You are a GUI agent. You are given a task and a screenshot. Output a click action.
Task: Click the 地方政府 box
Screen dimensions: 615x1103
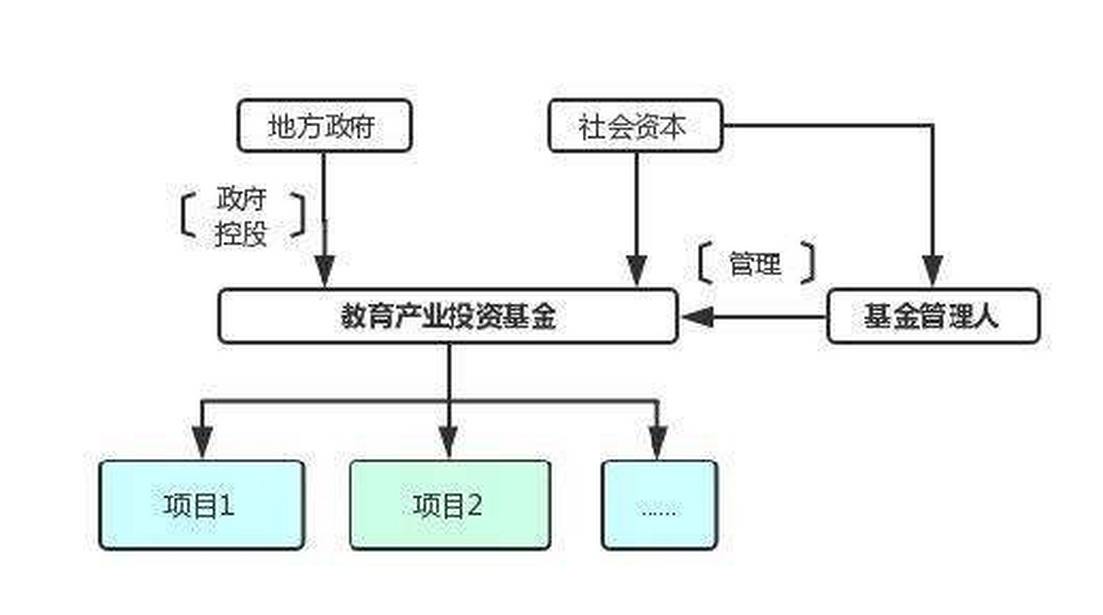click(x=324, y=126)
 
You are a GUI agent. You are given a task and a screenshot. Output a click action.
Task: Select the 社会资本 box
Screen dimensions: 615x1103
click(x=635, y=126)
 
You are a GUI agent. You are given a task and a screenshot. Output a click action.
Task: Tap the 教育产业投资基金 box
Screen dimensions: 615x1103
click(x=448, y=316)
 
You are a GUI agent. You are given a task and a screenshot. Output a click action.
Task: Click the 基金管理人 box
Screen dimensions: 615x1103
click(x=933, y=316)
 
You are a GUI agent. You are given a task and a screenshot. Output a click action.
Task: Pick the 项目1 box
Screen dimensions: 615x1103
click(x=201, y=505)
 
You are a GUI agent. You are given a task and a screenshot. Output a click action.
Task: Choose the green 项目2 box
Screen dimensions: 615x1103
click(x=450, y=505)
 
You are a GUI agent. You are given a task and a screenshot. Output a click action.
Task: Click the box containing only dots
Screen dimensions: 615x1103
click(x=659, y=505)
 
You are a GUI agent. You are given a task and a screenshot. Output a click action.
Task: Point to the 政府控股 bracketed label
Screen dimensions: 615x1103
click(x=242, y=217)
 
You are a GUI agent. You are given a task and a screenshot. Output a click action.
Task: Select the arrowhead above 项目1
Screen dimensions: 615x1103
click(x=202, y=440)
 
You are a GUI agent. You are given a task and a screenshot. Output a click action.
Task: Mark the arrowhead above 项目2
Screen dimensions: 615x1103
click(x=449, y=440)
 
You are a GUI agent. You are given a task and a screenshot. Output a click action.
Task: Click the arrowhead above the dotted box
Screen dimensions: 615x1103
click(x=658, y=440)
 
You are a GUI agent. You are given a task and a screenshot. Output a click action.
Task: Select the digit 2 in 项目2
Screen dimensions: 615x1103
click(x=475, y=505)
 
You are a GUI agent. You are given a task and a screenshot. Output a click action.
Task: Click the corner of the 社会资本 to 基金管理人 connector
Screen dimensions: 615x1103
click(x=933, y=126)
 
